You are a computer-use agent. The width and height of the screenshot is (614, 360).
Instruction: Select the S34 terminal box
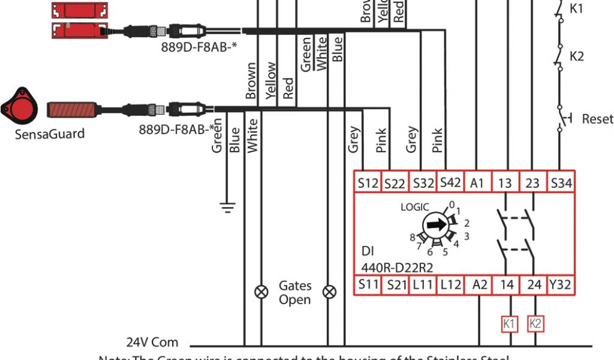(561, 183)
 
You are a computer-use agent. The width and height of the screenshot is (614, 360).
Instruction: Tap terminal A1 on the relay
(477, 183)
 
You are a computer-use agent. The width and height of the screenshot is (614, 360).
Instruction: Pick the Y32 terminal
(561, 284)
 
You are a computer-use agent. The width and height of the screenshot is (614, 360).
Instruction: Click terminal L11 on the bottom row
(422, 284)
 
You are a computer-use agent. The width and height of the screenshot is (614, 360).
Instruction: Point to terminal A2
(479, 284)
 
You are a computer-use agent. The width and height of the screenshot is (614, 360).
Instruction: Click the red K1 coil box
(509, 324)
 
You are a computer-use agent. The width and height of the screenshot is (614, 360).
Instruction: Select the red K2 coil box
(535, 324)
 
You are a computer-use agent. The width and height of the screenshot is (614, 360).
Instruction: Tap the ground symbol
(227, 208)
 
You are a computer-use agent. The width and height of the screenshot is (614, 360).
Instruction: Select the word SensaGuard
(50, 134)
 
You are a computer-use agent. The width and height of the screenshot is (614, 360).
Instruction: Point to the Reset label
(597, 119)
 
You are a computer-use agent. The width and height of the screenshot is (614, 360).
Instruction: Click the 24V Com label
(152, 343)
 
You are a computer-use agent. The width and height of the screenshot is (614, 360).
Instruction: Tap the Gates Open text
(295, 292)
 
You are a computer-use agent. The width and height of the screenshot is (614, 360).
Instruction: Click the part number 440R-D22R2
(398, 267)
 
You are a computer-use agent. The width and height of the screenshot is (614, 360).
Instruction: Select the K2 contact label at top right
(576, 56)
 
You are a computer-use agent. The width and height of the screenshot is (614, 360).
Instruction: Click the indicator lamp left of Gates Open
(261, 292)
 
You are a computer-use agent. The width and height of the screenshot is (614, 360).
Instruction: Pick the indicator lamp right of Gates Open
(329, 292)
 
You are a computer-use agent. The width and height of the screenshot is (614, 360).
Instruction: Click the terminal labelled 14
(507, 284)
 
